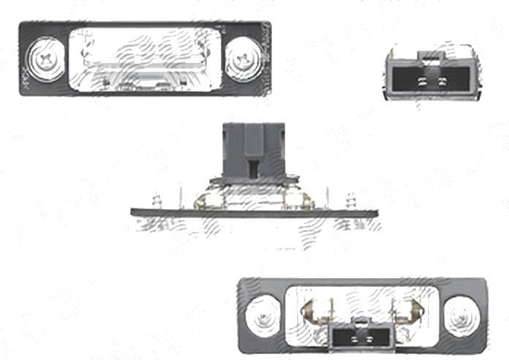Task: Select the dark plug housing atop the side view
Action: tap(253, 150)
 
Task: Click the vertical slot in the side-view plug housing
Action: tap(253, 169)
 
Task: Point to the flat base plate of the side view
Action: tap(256, 212)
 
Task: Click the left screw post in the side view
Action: tap(155, 200)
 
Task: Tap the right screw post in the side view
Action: tap(351, 200)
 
